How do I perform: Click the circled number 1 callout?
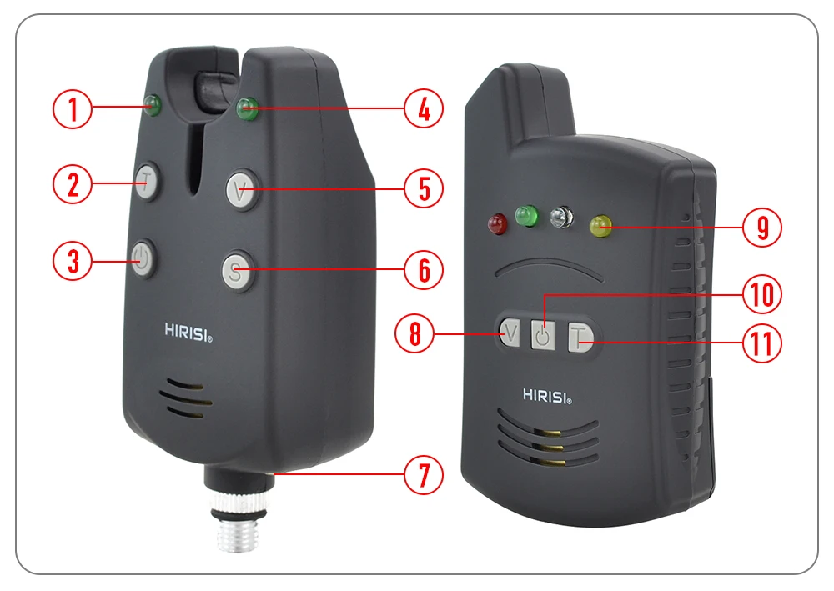pos(73,109)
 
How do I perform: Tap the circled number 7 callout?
pos(424,474)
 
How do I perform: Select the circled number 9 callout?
pos(761,228)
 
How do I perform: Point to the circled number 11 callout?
pos(761,343)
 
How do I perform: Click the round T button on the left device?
pos(147,181)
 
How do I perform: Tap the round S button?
pos(236,272)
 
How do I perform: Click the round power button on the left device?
pos(142,259)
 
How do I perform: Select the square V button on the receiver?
pos(510,333)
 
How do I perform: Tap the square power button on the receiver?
pos(543,335)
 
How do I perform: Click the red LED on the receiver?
pos(497,223)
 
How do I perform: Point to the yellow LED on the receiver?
pos(601,226)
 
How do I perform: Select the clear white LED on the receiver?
pos(561,217)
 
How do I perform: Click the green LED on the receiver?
pos(526,216)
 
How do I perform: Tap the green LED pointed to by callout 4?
pos(247,108)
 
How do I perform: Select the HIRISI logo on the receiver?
pos(547,396)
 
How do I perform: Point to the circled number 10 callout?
pos(761,294)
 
